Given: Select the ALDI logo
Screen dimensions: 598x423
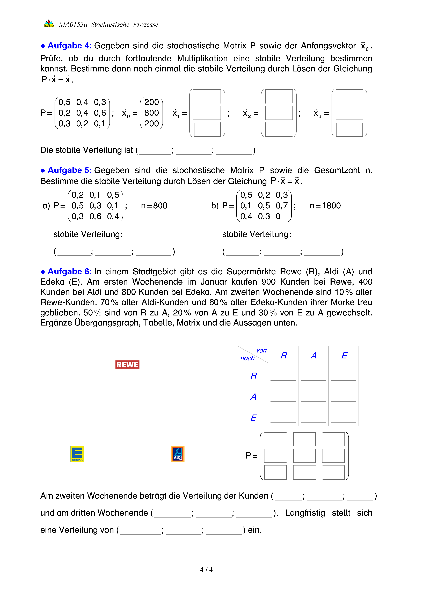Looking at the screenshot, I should coord(178,454).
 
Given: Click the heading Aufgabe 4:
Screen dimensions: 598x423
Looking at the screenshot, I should coord(69,46).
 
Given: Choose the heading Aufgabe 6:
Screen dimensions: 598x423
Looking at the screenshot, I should coord(69,271).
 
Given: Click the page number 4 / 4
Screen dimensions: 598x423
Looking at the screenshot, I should coord(206,570).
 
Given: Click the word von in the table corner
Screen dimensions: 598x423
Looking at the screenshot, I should coord(261,351).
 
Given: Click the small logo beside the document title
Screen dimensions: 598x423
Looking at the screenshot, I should coord(49,24).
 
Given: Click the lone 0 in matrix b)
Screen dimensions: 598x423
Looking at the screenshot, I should coord(278,216).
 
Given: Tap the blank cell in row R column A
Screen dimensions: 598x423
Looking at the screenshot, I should coord(313,375).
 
